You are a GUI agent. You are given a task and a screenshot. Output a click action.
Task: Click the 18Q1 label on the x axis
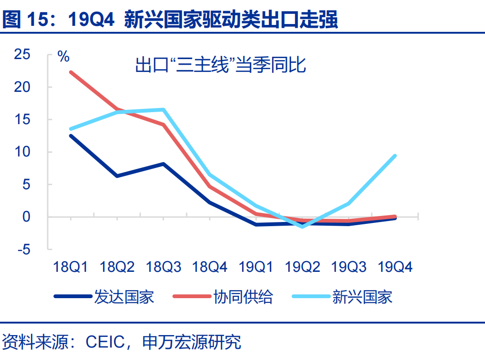71,267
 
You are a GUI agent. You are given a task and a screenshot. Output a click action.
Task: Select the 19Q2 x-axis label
303,267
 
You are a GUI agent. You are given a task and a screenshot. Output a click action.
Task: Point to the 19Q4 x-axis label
395,267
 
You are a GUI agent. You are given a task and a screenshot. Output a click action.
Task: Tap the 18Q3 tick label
164,267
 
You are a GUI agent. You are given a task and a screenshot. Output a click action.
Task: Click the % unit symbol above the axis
63,57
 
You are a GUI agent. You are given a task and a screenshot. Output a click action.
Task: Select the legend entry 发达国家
124,297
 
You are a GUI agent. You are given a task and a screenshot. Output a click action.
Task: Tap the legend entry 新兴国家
362,297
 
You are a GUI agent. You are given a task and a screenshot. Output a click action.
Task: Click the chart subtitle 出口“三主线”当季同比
220,66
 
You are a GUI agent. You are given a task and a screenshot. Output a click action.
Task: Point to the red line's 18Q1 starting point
71,72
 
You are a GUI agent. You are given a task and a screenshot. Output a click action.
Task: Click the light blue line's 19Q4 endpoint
395,156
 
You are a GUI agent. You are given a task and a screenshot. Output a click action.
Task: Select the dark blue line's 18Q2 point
117,176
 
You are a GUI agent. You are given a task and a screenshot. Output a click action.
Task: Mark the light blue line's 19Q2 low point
303,227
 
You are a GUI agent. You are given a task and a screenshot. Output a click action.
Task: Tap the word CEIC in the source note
106,342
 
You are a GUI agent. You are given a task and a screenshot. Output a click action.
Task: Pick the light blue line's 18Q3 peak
164,109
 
